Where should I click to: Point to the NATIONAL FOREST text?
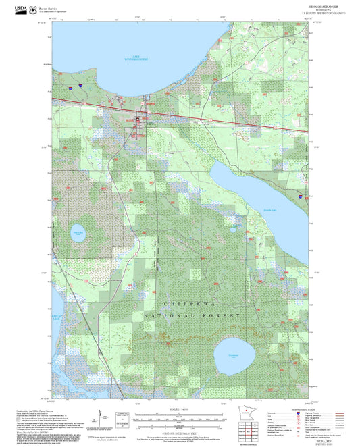point(192,315)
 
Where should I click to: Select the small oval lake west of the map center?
point(78,234)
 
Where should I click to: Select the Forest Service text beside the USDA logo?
point(38,6)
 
